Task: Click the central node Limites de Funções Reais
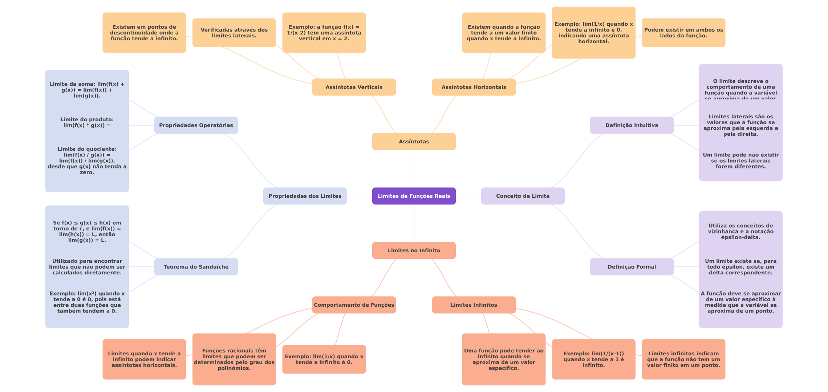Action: (x=414, y=196)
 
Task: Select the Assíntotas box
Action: (x=414, y=142)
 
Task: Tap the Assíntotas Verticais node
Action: (x=354, y=87)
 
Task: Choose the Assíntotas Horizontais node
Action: (x=474, y=87)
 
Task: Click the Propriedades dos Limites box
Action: (x=305, y=196)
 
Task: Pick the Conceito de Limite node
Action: (x=523, y=196)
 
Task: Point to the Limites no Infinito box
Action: (x=414, y=250)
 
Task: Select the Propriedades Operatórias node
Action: (x=196, y=125)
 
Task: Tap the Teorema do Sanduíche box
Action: (x=196, y=267)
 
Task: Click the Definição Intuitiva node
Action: (x=632, y=125)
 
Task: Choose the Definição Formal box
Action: (x=632, y=267)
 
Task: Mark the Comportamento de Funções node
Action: (x=354, y=305)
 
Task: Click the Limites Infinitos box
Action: (x=474, y=305)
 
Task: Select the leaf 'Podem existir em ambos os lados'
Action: (x=683, y=33)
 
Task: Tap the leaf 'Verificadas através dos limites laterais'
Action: (x=234, y=33)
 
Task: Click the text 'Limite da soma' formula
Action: (x=87, y=90)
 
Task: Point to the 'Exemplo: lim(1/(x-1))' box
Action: (x=593, y=359)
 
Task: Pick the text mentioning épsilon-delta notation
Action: (x=740, y=232)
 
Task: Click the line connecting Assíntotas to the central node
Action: (x=414, y=169)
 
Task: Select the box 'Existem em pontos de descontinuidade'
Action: (x=144, y=33)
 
